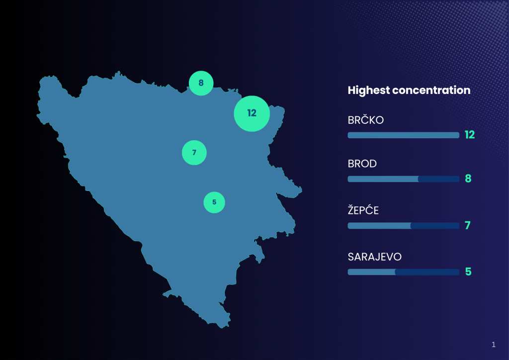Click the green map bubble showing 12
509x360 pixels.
(252, 113)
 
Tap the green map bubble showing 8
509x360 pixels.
(201, 83)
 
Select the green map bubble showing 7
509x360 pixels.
(194, 153)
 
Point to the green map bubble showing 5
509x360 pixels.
(214, 202)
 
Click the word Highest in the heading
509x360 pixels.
(368, 90)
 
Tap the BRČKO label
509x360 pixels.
(365, 120)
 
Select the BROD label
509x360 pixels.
(362, 164)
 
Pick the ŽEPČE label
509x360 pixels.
(363, 210)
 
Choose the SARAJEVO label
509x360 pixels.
(375, 257)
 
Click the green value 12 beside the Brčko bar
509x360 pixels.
(470, 135)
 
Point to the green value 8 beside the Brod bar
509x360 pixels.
(468, 179)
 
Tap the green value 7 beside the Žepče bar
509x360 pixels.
(467, 225)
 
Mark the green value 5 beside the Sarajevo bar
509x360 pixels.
(468, 271)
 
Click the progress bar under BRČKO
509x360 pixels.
(404, 135)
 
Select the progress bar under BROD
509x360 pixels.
(404, 179)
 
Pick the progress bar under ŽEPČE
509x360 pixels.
(404, 226)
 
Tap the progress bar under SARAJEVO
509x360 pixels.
(404, 272)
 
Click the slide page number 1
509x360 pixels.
(494, 345)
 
